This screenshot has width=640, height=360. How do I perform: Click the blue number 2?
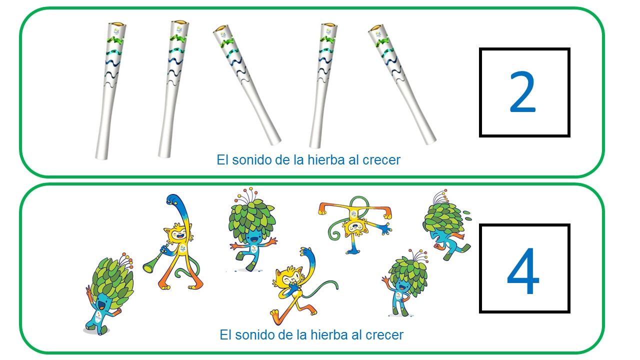click(522, 93)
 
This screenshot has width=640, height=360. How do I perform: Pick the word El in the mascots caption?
click(226, 334)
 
